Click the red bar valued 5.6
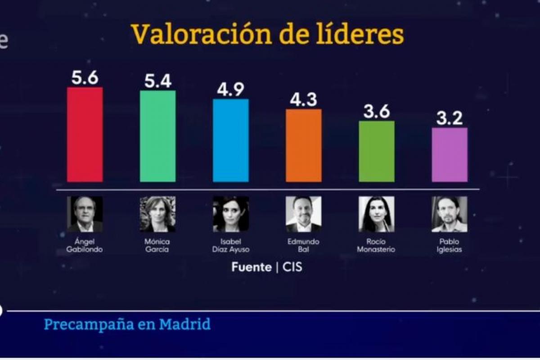[x=85, y=135]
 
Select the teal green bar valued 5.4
[x=157, y=136]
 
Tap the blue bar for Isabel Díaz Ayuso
[x=230, y=140]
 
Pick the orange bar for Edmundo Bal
[x=304, y=145]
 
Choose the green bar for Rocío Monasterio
[x=377, y=151]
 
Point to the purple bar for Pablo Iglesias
[x=450, y=155]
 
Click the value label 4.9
[x=230, y=90]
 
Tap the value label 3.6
[x=377, y=112]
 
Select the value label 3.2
[x=450, y=119]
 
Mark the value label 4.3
[x=304, y=99]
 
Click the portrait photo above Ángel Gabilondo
[x=85, y=214]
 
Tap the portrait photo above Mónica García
[x=157, y=214]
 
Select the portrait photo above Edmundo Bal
[x=304, y=214]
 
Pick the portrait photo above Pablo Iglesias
[x=450, y=214]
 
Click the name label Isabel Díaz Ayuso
[x=231, y=246]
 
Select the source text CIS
[x=292, y=267]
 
